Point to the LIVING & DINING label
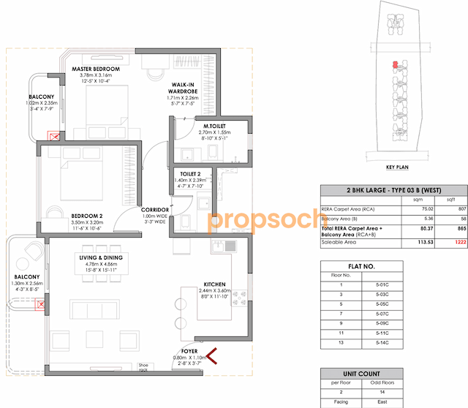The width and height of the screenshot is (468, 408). point(102,257)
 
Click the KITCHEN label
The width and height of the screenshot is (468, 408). point(215,284)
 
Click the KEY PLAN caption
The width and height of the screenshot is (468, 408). point(396,167)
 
